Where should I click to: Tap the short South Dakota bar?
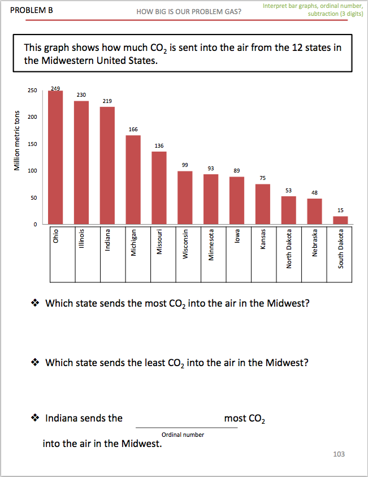(x=340, y=220)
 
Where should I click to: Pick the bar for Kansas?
(x=263, y=204)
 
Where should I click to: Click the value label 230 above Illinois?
(x=81, y=94)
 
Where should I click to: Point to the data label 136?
(x=159, y=145)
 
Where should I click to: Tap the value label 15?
(x=340, y=210)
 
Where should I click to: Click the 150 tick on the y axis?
(x=33, y=144)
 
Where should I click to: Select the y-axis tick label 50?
(x=34, y=198)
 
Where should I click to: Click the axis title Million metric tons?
(x=18, y=140)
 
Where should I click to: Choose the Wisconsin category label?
(x=185, y=244)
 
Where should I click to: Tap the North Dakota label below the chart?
(x=289, y=250)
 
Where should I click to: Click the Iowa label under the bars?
(x=237, y=237)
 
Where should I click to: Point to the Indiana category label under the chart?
(x=107, y=239)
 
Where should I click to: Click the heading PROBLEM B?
(x=32, y=10)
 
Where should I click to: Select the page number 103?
(x=339, y=454)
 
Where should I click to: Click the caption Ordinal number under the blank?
(x=183, y=435)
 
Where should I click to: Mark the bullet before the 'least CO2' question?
(x=35, y=362)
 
